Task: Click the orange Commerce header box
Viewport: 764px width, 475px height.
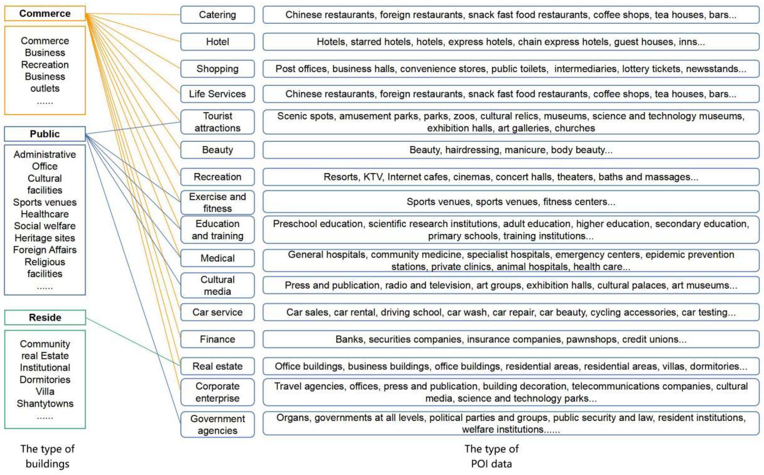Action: pos(45,14)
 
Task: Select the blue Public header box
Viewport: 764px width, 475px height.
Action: pos(45,134)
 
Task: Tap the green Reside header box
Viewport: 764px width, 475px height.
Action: pos(45,317)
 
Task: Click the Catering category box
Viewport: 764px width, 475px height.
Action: pos(217,15)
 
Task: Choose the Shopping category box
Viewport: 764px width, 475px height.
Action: pos(217,69)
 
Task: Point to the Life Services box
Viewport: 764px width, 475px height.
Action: pos(217,94)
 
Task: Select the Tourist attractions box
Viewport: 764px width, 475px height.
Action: pos(217,122)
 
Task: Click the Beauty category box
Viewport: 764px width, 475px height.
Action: pos(217,150)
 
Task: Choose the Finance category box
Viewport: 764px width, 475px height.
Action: pos(217,339)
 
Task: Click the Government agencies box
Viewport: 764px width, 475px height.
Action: pos(217,424)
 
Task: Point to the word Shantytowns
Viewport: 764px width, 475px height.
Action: pos(45,403)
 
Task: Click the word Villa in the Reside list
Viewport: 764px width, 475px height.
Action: pos(45,392)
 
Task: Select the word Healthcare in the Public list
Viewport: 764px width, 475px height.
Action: pos(45,214)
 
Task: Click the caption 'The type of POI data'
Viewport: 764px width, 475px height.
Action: pos(491,456)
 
